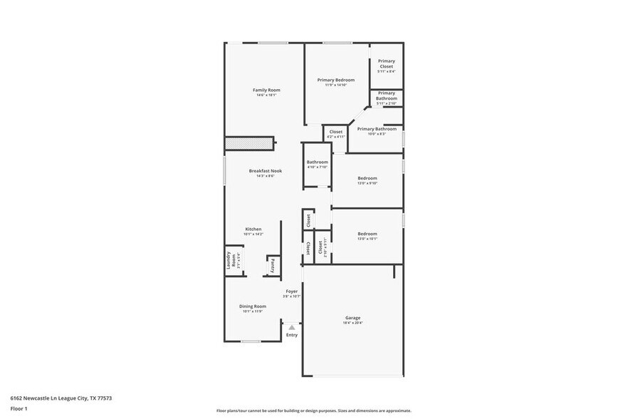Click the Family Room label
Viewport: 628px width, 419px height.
pos(266,90)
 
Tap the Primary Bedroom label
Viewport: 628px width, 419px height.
pos(335,81)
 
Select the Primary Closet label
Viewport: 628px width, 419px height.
pos(386,64)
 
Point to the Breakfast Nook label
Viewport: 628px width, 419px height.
pos(266,171)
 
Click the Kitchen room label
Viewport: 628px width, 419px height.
pos(253,229)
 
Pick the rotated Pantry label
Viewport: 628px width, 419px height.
pos(273,265)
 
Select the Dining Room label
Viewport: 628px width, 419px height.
pos(253,307)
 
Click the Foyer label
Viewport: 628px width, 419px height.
pos(292,291)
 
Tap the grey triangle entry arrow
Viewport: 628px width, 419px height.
pos(291,327)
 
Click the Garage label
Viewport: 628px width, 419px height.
pos(353,318)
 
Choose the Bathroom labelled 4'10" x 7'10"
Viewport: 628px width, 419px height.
pos(317,162)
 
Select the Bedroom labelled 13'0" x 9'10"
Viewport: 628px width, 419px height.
pos(367,178)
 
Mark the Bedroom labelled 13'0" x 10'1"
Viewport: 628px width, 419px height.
pos(367,234)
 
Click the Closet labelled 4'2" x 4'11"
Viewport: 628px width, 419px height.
pos(335,132)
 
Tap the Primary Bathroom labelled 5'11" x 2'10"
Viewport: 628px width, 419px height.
pos(386,96)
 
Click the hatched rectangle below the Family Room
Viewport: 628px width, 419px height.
pos(250,144)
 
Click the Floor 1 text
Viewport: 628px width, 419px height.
pos(19,408)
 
